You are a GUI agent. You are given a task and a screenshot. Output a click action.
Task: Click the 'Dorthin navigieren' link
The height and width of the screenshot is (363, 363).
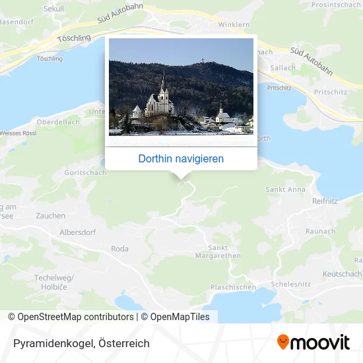click(x=181, y=158)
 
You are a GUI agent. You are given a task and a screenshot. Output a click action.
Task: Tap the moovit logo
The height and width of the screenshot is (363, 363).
click(x=313, y=342)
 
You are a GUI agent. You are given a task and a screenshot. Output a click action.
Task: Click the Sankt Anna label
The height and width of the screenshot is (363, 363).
click(x=285, y=189)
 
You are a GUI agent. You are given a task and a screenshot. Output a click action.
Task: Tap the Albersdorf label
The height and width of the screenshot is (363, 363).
click(x=78, y=232)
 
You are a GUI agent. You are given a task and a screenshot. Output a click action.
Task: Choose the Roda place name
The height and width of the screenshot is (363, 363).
click(x=120, y=249)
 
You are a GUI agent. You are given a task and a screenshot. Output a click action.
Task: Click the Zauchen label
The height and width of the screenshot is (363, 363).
click(x=51, y=216)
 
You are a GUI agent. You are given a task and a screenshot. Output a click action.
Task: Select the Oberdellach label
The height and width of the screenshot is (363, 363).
click(x=59, y=122)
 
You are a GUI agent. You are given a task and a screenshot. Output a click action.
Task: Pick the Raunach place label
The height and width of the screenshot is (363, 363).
click(x=320, y=232)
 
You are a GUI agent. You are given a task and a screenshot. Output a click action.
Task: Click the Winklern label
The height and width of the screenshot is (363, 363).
click(x=234, y=25)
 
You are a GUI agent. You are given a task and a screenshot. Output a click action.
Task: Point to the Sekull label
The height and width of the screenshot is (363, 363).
click(x=53, y=9)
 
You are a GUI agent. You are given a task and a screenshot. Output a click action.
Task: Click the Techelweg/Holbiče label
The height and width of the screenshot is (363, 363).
click(x=53, y=282)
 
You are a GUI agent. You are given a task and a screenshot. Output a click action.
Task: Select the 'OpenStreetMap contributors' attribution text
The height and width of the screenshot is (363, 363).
click(x=75, y=317)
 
